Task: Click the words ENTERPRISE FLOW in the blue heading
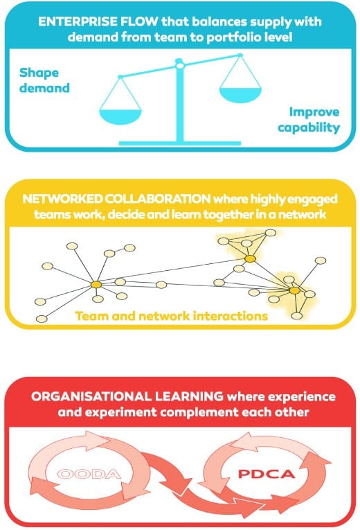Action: click(x=98, y=21)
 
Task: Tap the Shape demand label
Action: click(x=44, y=80)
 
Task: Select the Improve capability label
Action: click(x=309, y=120)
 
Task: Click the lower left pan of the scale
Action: click(x=120, y=116)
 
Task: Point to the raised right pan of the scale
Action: click(x=240, y=95)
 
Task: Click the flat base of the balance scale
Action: click(x=180, y=143)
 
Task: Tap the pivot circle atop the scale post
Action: click(x=180, y=65)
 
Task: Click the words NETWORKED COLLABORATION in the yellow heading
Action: click(x=116, y=199)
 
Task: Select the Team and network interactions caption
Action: click(x=171, y=316)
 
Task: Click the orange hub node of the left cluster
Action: click(x=96, y=285)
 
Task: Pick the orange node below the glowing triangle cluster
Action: click(x=250, y=259)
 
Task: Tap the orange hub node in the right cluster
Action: click(x=295, y=290)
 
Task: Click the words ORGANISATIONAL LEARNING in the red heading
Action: click(x=127, y=396)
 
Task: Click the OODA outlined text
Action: click(x=89, y=474)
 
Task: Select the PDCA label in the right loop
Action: click(x=267, y=474)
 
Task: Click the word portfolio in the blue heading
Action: click(x=233, y=37)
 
